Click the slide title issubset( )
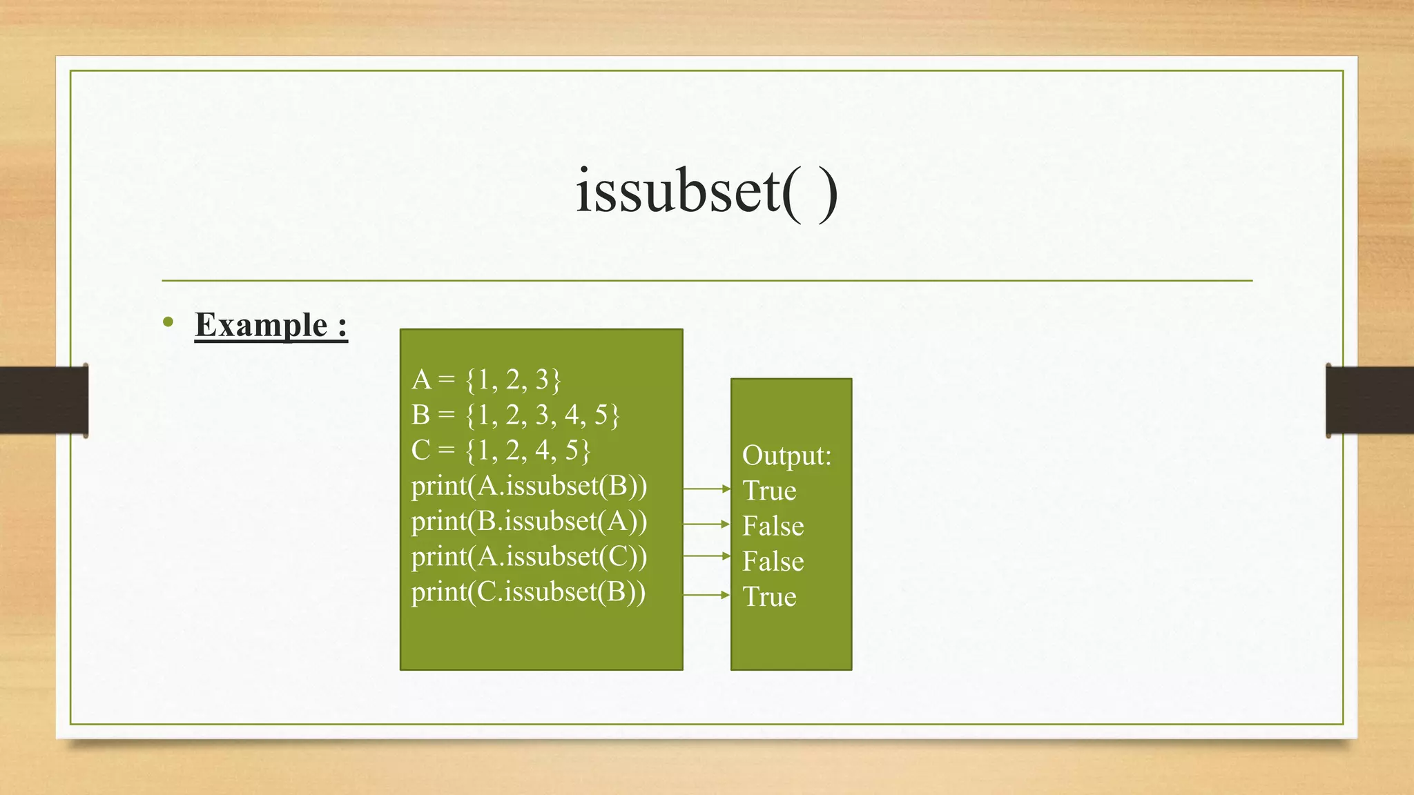706,191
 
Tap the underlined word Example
261,324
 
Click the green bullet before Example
168,322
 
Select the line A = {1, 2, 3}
486,380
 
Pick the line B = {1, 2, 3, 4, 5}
515,415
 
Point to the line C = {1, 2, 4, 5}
501,450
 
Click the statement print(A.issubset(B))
529,486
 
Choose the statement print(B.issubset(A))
529,521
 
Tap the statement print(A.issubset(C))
529,556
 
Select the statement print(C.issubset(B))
528,592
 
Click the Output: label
786,455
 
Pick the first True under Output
769,491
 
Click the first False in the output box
773,526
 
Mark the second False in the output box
773,561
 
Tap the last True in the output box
769,596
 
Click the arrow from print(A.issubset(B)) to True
706,489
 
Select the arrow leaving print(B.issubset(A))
706,524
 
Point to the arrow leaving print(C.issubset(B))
706,594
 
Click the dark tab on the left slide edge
43,400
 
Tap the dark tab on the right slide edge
1370,400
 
